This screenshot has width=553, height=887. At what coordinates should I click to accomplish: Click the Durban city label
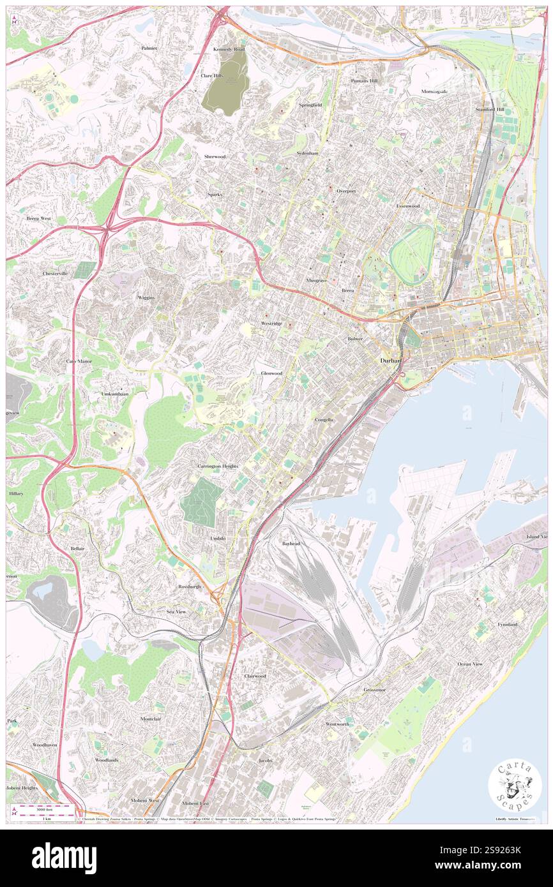click(x=390, y=361)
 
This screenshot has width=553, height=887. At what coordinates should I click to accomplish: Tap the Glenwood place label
click(x=271, y=373)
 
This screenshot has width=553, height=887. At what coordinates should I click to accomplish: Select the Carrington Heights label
click(x=217, y=466)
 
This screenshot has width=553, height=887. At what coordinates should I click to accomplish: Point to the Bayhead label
click(x=291, y=543)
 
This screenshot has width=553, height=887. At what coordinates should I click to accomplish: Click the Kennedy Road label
click(x=229, y=49)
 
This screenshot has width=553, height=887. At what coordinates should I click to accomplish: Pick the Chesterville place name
click(x=55, y=273)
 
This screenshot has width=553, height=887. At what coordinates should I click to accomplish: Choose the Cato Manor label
click(x=79, y=361)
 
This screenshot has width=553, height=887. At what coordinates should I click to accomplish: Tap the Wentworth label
click(x=337, y=724)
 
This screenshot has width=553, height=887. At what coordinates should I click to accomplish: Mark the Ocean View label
click(x=470, y=664)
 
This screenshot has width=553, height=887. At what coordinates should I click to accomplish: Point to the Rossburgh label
click(x=190, y=585)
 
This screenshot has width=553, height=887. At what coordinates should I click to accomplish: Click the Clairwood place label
click(x=255, y=675)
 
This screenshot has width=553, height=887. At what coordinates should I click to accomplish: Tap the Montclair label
click(x=154, y=719)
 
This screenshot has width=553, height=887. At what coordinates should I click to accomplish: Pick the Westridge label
click(x=271, y=324)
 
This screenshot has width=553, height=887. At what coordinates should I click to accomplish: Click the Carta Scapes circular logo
click(x=515, y=787)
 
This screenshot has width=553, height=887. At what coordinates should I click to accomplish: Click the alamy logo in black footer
click(x=64, y=858)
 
